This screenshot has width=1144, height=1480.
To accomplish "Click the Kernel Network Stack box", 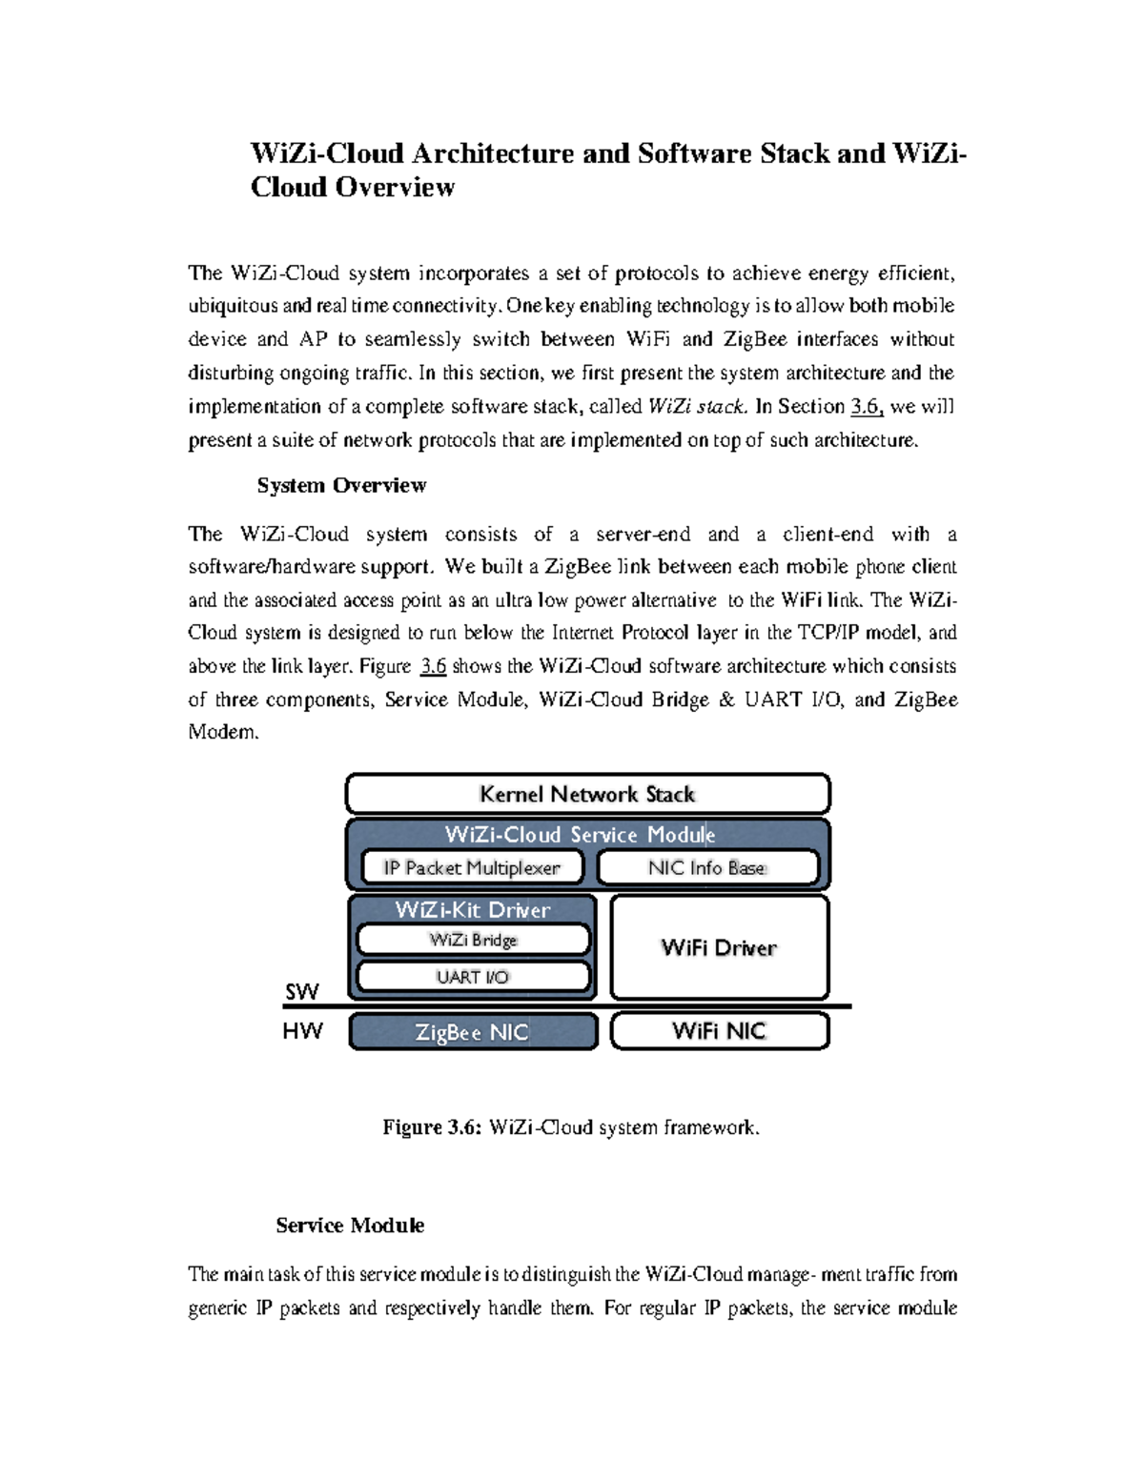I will [x=587, y=794].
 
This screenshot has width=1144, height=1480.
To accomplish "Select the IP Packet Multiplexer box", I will [x=472, y=868].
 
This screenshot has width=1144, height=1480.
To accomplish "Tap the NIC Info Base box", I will [x=707, y=868].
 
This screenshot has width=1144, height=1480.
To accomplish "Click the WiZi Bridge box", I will [x=473, y=940].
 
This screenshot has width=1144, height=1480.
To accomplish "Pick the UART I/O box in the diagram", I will [x=473, y=977].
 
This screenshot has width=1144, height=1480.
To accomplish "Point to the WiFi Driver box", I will [x=719, y=947].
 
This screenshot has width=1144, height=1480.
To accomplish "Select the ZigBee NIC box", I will [x=472, y=1032].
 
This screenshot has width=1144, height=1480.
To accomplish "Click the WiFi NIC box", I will [x=719, y=1031].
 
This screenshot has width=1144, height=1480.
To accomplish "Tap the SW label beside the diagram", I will [x=301, y=992].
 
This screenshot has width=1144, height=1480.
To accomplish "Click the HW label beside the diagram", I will [x=302, y=1031].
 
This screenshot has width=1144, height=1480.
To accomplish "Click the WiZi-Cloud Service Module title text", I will [x=580, y=835].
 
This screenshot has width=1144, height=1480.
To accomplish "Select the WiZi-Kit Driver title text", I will [x=473, y=909].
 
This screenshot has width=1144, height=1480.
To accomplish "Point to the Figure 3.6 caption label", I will [x=433, y=1127].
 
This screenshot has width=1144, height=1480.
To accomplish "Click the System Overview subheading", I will [x=341, y=485].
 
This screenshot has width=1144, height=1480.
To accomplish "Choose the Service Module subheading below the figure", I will [x=350, y=1226].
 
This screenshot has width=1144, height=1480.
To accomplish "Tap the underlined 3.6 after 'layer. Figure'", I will [x=433, y=666].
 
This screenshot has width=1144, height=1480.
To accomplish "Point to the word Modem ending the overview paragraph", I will [x=223, y=733].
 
